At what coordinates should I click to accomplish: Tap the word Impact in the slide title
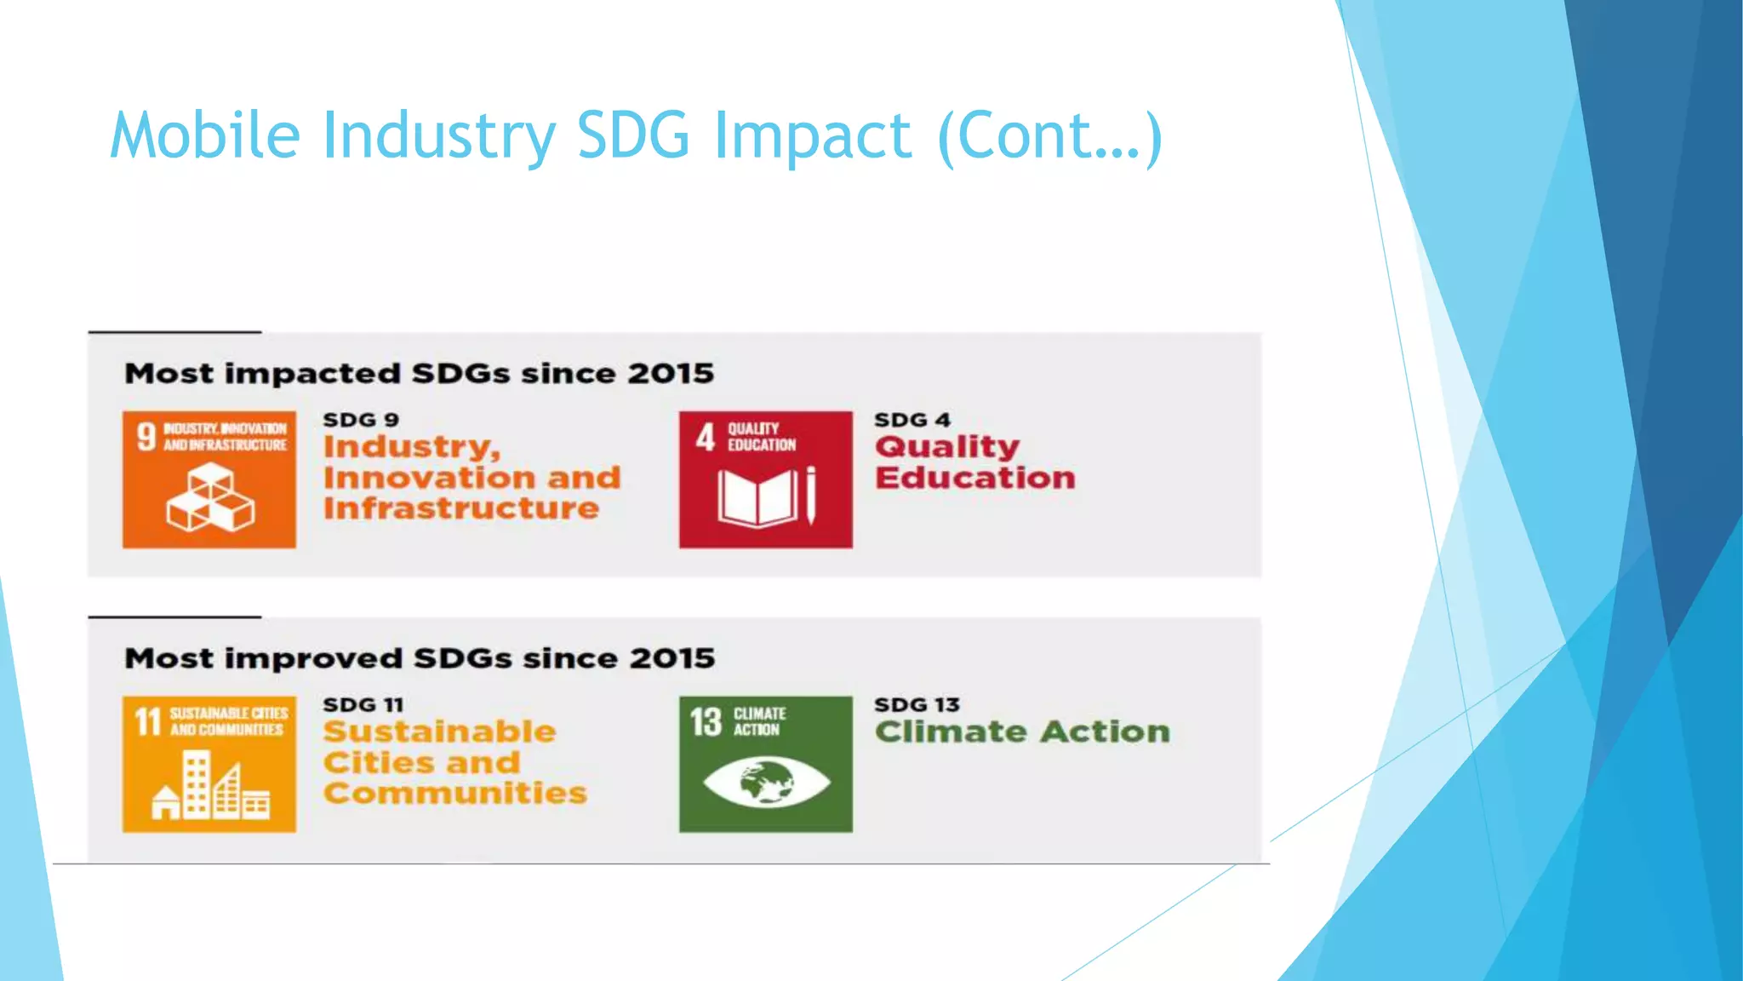[x=813, y=135]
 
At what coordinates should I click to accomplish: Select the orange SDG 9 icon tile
[x=209, y=479]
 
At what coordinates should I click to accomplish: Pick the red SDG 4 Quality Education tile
[x=765, y=479]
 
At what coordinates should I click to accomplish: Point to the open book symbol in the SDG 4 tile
[x=757, y=498]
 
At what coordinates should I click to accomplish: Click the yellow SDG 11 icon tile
[x=209, y=764]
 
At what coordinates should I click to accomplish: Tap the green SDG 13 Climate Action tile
[x=765, y=764]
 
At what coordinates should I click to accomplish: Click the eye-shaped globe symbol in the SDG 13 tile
[x=766, y=782]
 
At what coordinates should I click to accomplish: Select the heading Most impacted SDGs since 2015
[x=419, y=374]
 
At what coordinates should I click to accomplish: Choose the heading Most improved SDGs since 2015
[x=420, y=658]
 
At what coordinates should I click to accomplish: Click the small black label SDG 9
[x=361, y=420]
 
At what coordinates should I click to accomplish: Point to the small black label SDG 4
[x=912, y=420]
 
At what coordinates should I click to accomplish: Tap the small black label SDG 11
[x=363, y=705]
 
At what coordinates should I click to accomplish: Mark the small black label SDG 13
[x=917, y=705]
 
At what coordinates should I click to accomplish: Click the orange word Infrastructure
[x=461, y=508]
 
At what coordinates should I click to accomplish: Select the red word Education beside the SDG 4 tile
[x=975, y=478]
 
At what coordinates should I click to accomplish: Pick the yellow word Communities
[x=455, y=794]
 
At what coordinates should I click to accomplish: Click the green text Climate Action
[x=1022, y=731]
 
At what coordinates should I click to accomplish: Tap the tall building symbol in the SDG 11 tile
[x=197, y=783]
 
